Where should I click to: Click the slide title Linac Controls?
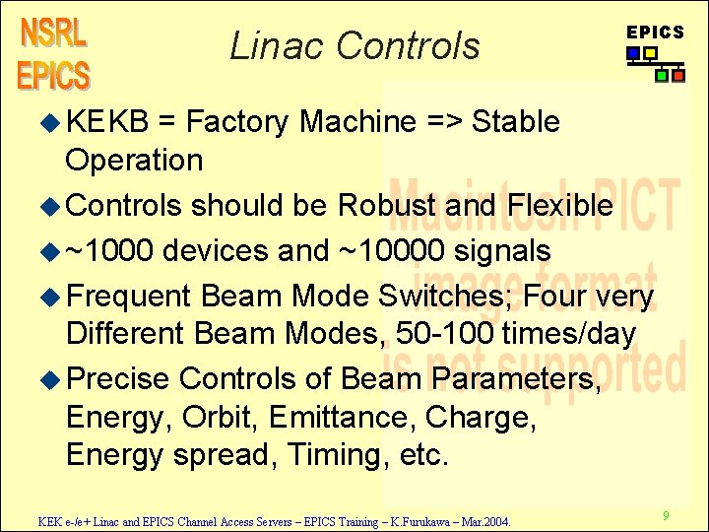(354, 45)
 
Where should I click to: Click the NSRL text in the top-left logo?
(53, 33)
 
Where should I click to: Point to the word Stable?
(516, 122)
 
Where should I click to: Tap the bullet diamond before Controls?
(54, 206)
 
